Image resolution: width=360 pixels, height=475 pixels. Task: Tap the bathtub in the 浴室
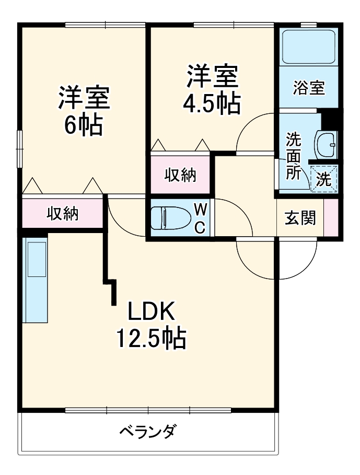(x=307, y=47)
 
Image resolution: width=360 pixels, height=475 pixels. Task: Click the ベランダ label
(x=148, y=433)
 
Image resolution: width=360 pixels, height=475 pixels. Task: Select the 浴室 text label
(x=308, y=88)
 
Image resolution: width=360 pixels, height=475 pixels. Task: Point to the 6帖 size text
(x=83, y=125)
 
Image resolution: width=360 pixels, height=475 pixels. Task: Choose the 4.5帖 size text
(x=212, y=103)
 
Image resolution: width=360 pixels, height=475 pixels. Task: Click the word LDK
(x=151, y=312)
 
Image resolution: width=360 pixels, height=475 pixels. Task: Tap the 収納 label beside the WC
(x=181, y=176)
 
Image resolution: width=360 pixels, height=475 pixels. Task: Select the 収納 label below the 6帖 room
(x=63, y=213)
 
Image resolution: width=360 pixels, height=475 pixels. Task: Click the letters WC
(x=200, y=218)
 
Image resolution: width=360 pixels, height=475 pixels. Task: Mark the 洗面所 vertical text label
(x=293, y=157)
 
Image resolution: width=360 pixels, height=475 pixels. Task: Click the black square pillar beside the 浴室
(x=331, y=121)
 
